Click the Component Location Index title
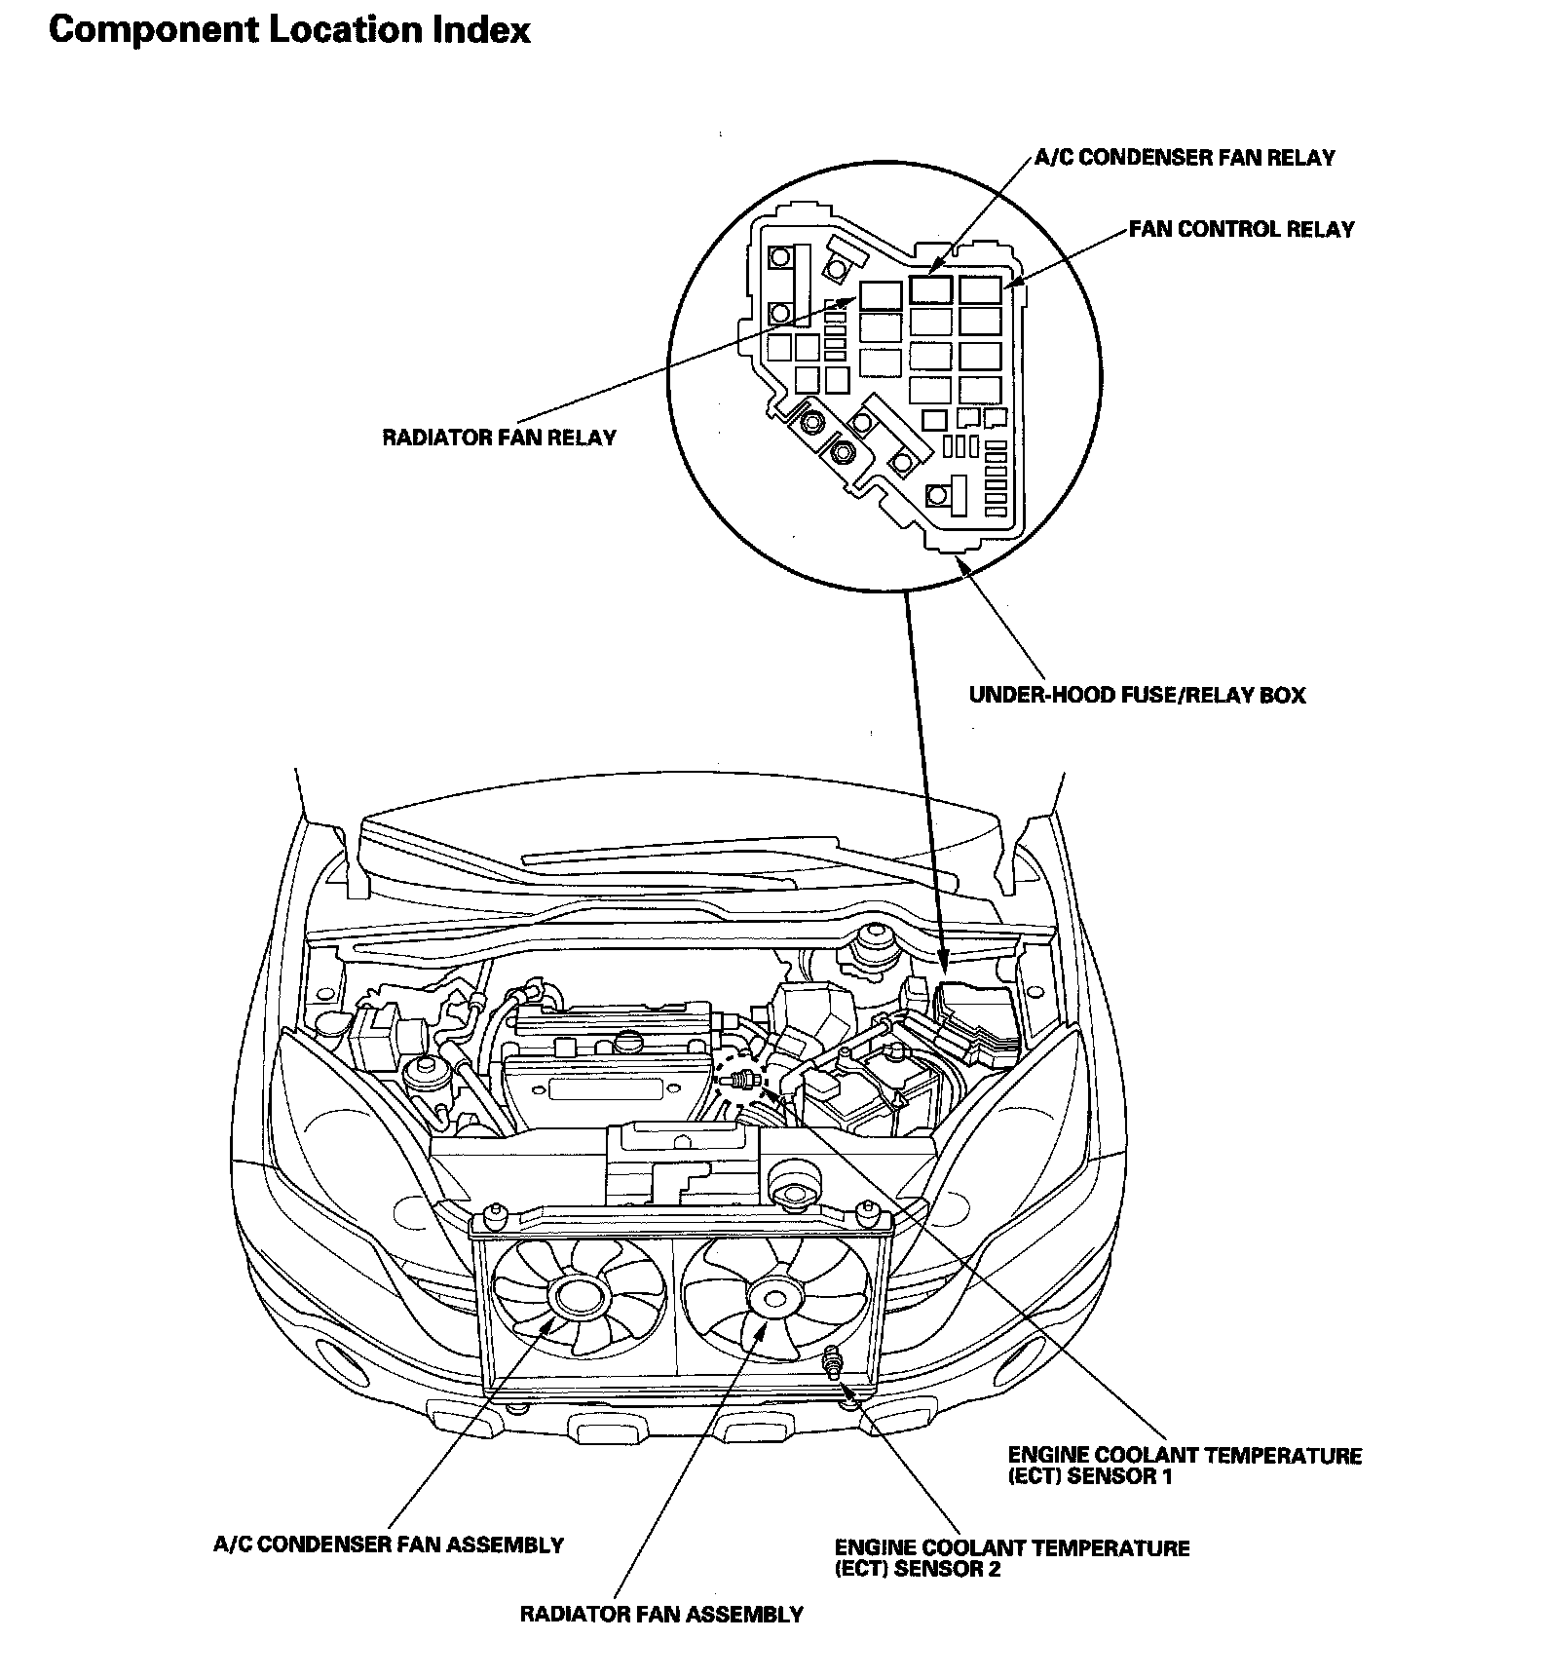tap(289, 29)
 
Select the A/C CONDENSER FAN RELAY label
tap(1184, 158)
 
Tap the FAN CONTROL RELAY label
tap(1242, 229)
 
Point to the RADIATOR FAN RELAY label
tap(499, 437)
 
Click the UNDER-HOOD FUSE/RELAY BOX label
tap(1137, 695)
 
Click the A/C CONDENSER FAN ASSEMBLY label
tap(389, 1545)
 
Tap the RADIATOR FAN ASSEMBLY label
tap(661, 1614)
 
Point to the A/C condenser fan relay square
tap(931, 287)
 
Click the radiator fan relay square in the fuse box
tap(881, 294)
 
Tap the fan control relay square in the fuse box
tap(980, 288)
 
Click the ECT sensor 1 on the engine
tap(744, 1079)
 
